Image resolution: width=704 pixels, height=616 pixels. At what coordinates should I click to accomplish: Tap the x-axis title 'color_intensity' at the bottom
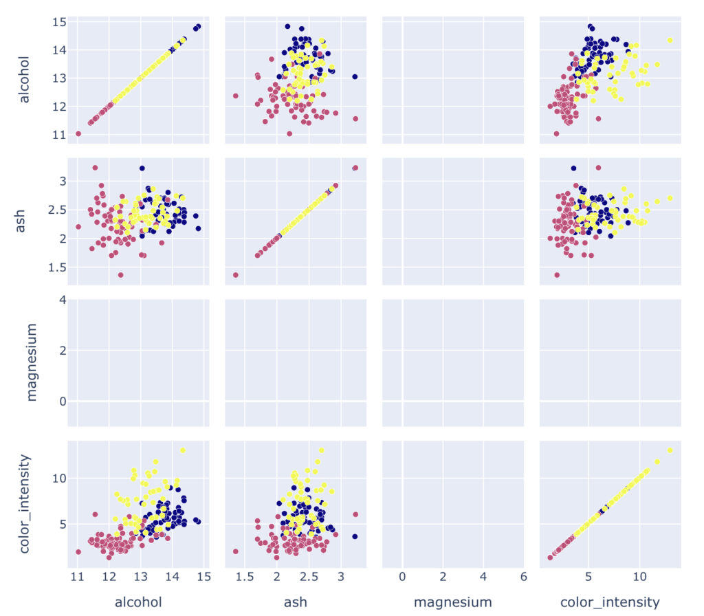click(610, 602)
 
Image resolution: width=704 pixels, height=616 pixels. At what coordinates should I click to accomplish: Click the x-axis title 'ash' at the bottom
click(295, 602)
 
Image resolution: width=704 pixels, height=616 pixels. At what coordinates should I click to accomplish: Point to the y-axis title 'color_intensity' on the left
click(25, 504)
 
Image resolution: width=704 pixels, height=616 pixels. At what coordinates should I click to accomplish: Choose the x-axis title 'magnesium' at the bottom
click(452, 602)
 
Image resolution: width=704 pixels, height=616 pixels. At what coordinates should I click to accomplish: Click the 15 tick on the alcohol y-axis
click(58, 22)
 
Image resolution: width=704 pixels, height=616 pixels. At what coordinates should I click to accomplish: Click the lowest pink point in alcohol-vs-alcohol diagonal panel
click(78, 134)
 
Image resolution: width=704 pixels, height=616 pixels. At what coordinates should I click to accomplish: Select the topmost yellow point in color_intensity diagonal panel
click(670, 450)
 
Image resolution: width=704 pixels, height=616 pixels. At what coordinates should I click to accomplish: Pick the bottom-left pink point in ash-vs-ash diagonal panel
click(235, 275)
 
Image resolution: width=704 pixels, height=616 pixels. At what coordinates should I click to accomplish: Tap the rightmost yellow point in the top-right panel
click(670, 41)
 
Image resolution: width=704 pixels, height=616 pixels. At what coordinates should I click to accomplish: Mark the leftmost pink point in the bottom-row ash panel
click(235, 551)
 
